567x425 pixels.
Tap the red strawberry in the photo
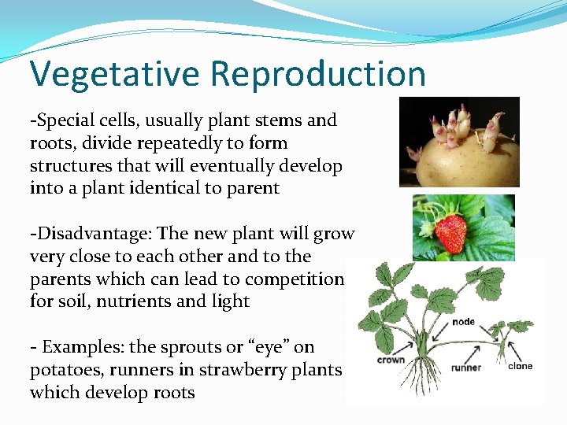(450, 233)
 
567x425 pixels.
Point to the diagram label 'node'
(463, 322)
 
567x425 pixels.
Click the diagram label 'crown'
(391, 360)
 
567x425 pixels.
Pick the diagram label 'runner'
(466, 367)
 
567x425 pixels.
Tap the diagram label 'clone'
(520, 366)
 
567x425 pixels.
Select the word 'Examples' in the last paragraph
(76, 347)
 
